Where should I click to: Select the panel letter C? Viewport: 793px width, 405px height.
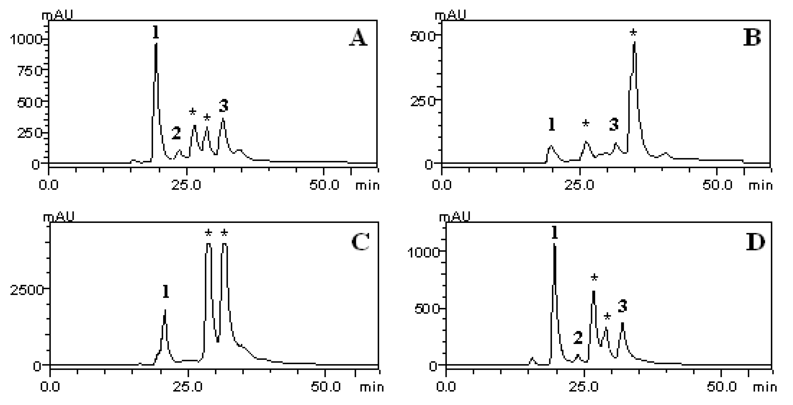[360, 242]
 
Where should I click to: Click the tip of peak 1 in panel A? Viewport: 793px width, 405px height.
[156, 44]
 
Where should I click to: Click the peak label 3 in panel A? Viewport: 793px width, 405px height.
[223, 106]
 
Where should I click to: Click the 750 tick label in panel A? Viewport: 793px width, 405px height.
[29, 71]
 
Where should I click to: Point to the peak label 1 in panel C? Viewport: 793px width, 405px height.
[166, 292]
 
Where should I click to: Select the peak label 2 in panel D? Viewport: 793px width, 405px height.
[578, 338]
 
